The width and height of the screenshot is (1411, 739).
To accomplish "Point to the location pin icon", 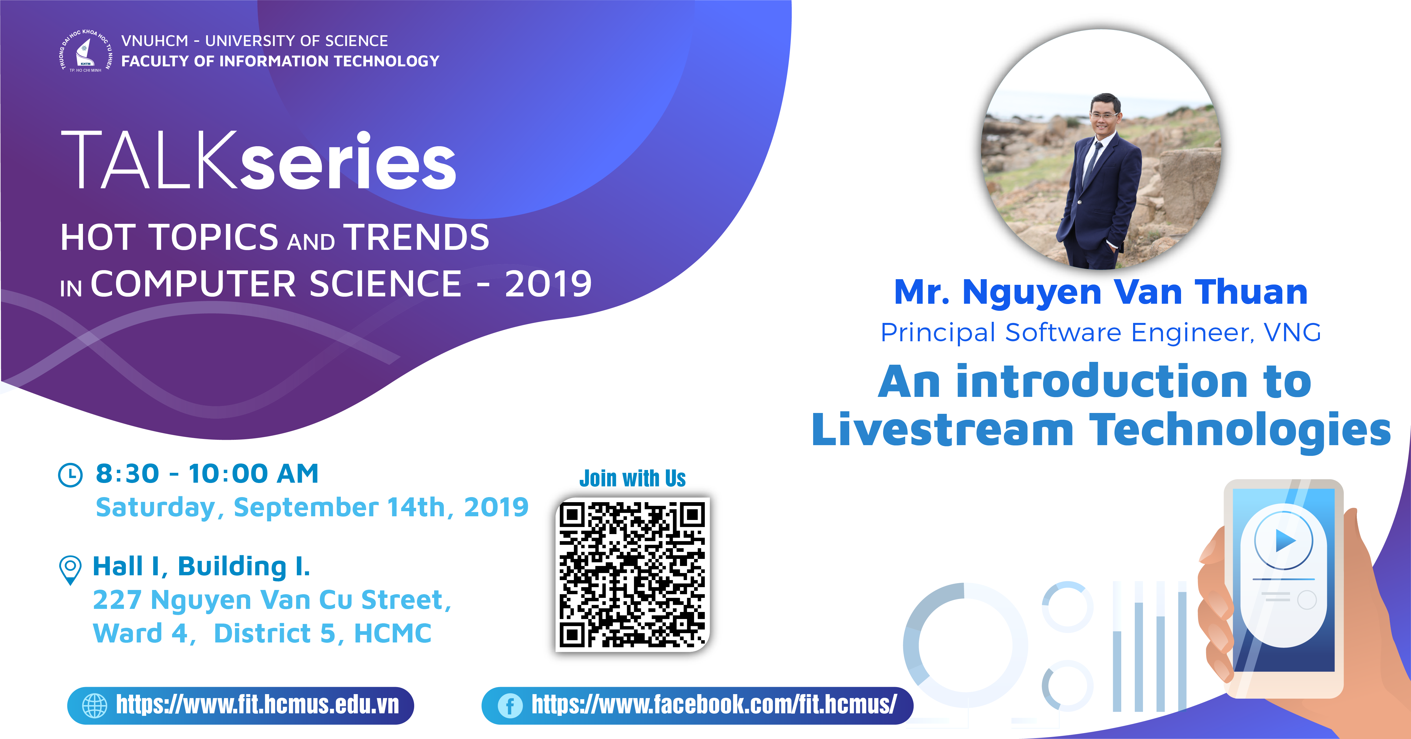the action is point(70,570).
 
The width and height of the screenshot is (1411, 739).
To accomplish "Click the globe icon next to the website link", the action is point(94,706).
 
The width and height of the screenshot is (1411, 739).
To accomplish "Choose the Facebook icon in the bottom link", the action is point(510,706).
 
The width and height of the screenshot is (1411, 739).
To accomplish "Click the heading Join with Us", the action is point(633,478).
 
